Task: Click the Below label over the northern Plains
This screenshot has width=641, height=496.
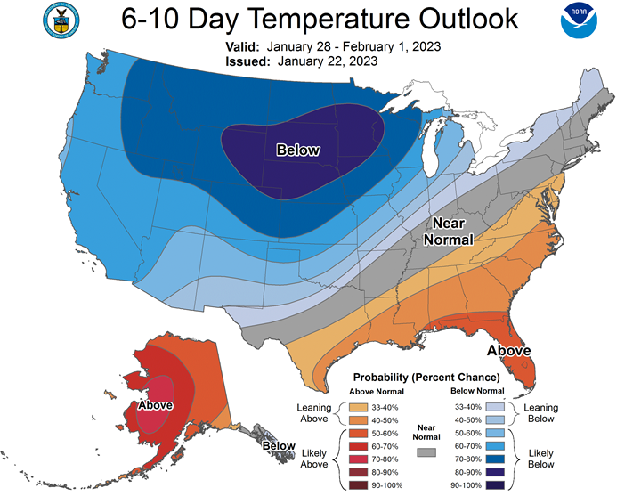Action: click(297, 150)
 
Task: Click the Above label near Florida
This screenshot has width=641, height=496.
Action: click(509, 350)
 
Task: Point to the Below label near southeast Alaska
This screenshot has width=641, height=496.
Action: click(278, 445)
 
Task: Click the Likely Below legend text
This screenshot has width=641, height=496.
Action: click(540, 459)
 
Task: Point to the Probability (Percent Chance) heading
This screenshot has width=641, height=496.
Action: click(426, 378)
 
